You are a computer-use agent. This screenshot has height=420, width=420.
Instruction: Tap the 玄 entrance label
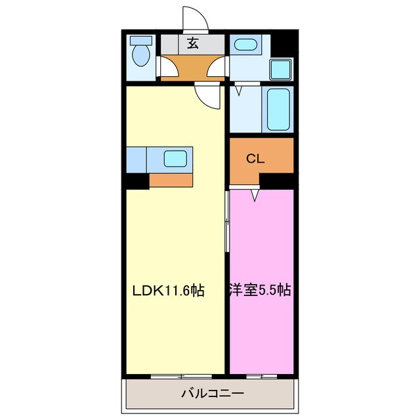(x=193, y=44)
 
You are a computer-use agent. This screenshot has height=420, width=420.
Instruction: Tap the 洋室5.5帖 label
(x=261, y=289)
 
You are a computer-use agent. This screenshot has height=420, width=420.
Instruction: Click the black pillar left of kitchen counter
(x=136, y=180)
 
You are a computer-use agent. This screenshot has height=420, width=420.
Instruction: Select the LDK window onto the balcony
(x=181, y=376)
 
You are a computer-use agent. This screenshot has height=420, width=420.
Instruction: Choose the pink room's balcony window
(x=261, y=376)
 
